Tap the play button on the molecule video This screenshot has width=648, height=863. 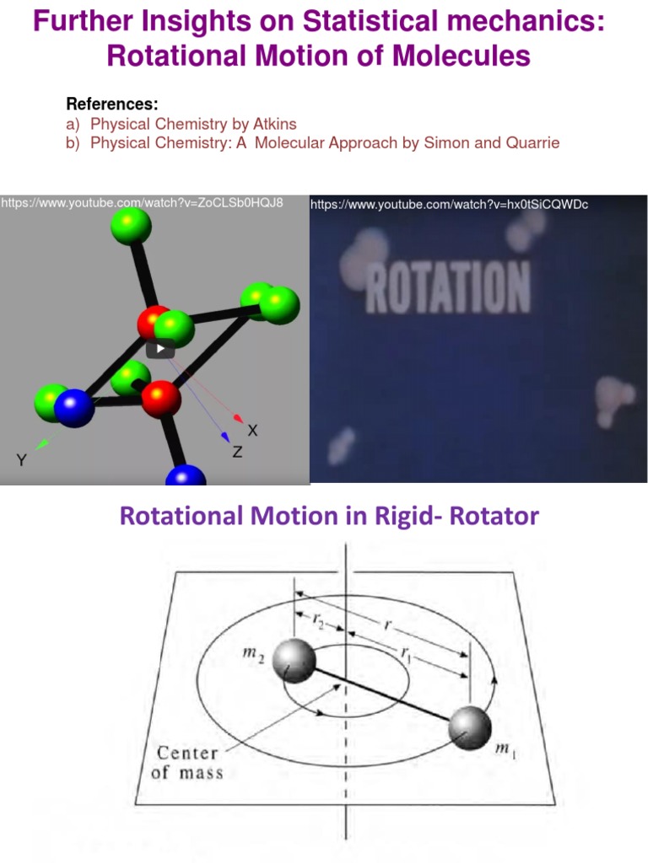[160, 348]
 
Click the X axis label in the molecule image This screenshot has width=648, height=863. [251, 431]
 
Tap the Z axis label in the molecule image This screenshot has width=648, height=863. [237, 453]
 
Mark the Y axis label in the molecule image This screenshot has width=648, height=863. [21, 459]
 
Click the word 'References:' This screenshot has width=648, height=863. [111, 105]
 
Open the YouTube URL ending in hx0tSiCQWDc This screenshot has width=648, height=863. [449, 205]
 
